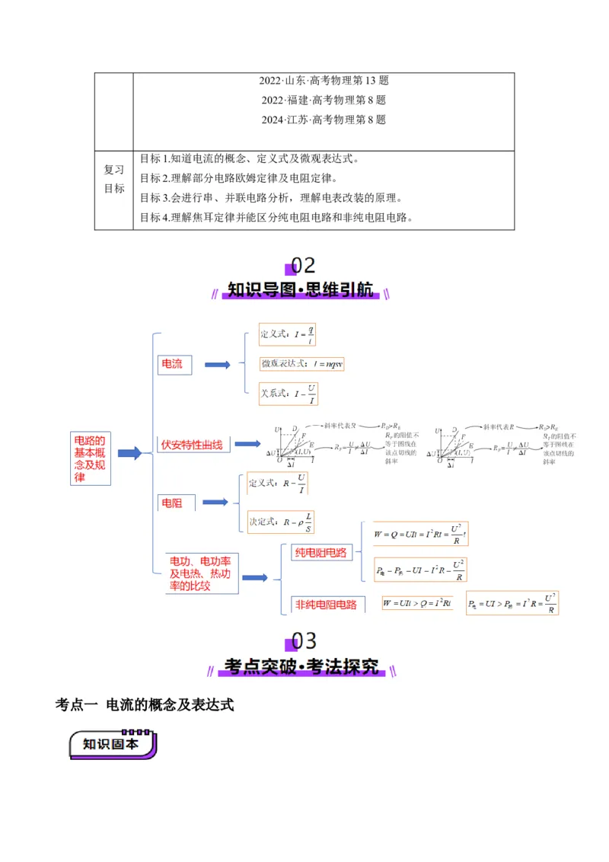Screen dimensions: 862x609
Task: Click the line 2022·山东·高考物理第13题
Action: point(324,81)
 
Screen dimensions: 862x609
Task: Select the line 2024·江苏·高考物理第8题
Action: point(324,120)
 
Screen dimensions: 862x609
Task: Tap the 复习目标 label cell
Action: point(114,180)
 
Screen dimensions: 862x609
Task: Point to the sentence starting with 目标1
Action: point(249,159)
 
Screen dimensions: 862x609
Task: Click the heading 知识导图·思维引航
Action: point(302,290)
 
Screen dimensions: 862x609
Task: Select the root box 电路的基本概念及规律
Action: point(91,458)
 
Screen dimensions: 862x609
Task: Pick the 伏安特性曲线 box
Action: point(192,444)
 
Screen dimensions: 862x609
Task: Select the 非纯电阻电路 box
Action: point(325,605)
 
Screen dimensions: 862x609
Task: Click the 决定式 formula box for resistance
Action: point(280,522)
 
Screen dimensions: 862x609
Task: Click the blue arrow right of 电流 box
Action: point(217,365)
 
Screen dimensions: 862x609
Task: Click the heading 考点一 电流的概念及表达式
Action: point(145,705)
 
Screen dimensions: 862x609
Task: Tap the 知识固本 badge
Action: point(113,744)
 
